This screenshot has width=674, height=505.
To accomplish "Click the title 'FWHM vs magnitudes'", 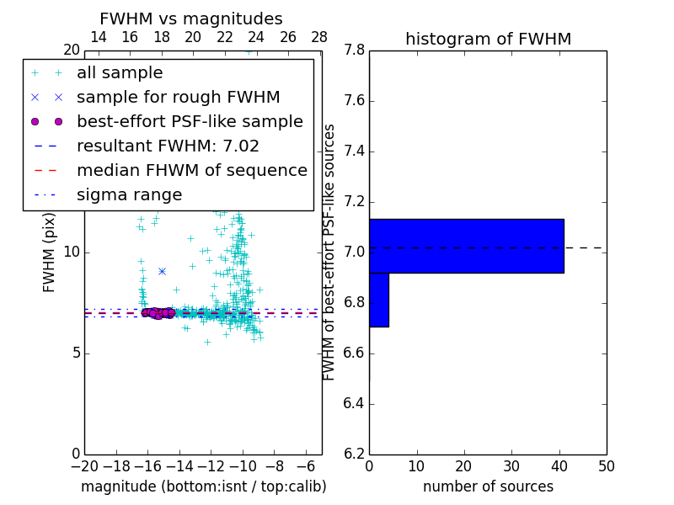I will pos(190,19).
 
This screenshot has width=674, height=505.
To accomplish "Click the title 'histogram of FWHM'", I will pos(488,39).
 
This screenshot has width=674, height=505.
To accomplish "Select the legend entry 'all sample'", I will pos(120,73).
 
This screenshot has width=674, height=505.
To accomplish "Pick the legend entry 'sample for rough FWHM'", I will pos(178,98).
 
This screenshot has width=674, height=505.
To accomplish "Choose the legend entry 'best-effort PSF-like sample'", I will pos(190,122).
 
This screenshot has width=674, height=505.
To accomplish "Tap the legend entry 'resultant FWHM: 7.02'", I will pos(168,146).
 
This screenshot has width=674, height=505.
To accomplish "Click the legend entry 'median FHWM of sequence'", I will pos(191,171).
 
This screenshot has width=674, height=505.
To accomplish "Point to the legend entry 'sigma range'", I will pos(129,195).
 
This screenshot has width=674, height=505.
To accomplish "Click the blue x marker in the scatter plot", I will pos(162,271).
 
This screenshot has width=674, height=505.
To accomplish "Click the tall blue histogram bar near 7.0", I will pos(466,246).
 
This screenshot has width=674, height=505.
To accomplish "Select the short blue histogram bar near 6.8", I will pos(379,300).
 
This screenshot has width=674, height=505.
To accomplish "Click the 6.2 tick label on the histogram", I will pos(354,454).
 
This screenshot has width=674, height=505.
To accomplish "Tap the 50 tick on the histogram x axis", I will pos(606,466).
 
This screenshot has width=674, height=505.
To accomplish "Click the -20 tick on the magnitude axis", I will pos(84,466).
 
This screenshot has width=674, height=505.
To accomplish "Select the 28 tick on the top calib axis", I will pos(319,37).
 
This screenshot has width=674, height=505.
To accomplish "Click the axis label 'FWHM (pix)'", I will pos(50,252).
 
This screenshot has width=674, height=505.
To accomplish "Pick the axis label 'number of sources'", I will pos(488,486).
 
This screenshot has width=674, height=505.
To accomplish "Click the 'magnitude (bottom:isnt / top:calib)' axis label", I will pos(203,486).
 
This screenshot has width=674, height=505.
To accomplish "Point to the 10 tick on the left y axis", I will pos(71,252).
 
